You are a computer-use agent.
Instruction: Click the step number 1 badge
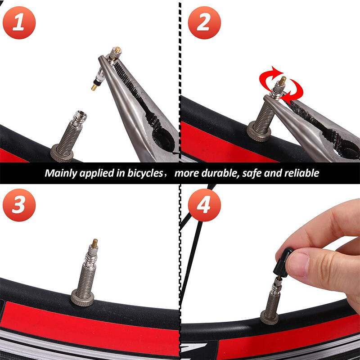[x=18, y=22]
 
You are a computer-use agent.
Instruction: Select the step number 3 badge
[x=18, y=205]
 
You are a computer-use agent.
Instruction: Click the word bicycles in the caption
[x=144, y=173]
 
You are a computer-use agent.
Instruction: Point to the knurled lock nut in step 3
[x=82, y=297]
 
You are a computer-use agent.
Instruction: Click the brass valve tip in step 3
[x=95, y=243]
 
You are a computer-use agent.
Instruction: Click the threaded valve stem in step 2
[x=264, y=112]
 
